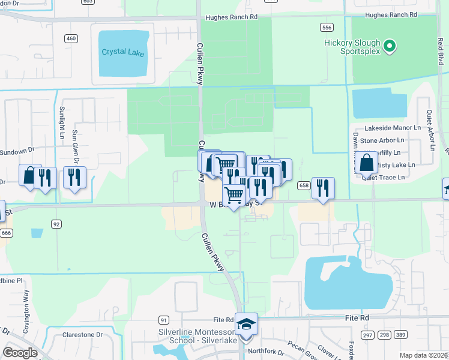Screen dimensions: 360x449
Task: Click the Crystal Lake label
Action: pos(122,52)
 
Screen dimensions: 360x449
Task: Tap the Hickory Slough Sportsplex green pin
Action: pos(389,46)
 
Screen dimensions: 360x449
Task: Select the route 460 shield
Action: pos(71,38)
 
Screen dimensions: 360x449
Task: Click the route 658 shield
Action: pos(303,185)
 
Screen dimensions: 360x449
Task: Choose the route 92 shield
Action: pos(56,224)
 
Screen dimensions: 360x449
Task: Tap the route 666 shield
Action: pos(7,233)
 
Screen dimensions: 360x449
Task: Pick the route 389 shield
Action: pos(400,334)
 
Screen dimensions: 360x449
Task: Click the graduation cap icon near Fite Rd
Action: pos(246,324)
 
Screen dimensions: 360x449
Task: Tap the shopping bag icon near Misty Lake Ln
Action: pos(366,162)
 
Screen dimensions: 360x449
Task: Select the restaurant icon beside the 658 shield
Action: pos(323,188)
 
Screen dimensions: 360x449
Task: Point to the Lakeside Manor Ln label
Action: pos(393,128)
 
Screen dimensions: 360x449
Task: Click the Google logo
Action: pos(20,353)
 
